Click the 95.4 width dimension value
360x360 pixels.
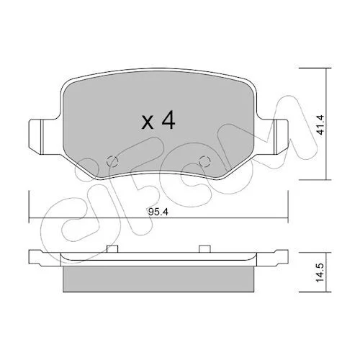(x=158, y=212)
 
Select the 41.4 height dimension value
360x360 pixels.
(x=320, y=125)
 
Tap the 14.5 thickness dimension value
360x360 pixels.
(x=320, y=273)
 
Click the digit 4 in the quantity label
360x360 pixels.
(x=168, y=120)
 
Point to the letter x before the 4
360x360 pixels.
(x=147, y=122)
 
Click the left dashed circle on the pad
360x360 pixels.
(x=112, y=161)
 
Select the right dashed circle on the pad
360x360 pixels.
(x=204, y=161)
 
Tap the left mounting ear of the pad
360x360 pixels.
(x=44, y=137)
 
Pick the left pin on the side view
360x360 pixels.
(x=112, y=249)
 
